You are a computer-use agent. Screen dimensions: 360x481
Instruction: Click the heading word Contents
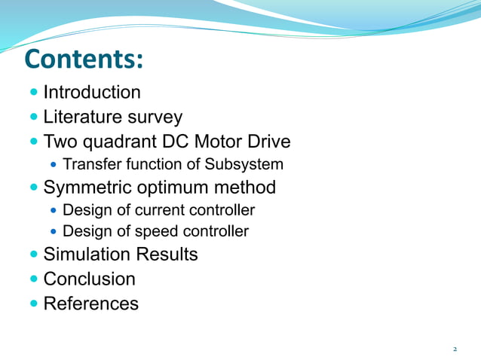click(83, 59)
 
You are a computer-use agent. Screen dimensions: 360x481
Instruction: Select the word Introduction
click(92, 93)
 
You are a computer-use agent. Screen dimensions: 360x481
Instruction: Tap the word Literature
click(79, 117)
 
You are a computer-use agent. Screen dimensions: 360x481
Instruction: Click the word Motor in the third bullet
click(222, 142)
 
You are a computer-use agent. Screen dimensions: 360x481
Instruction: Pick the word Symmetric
click(89, 188)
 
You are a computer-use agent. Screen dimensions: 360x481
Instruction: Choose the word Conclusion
click(90, 279)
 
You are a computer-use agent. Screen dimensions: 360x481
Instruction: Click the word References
click(91, 304)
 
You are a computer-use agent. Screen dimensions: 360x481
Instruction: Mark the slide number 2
click(455, 349)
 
